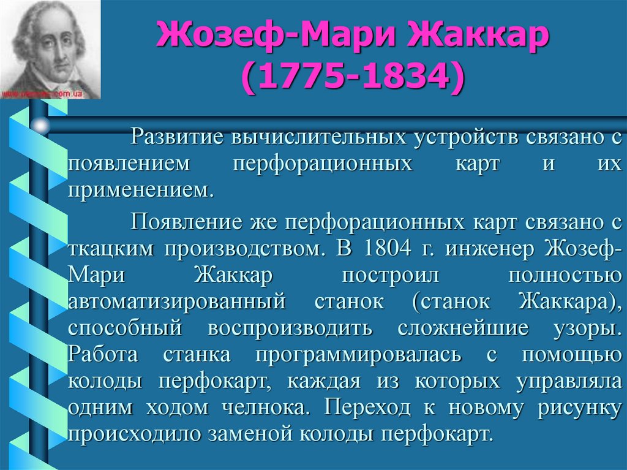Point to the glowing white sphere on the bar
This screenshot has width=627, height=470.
[x=40, y=126]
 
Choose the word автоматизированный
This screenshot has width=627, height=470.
[x=178, y=301]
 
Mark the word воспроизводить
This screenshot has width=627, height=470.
[x=290, y=328]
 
